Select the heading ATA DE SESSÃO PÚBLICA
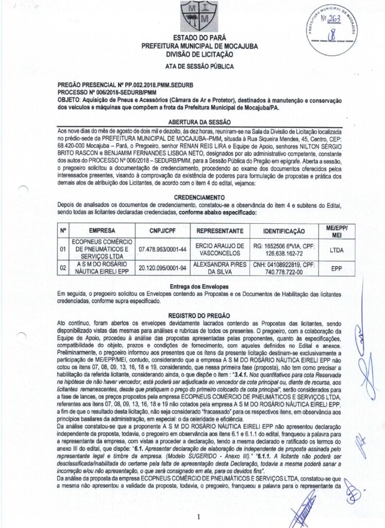tap(199, 67)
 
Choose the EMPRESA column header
tap(102, 230)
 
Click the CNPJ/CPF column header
tap(162, 230)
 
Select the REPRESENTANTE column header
tap(220, 230)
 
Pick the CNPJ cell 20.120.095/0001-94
tap(162, 268)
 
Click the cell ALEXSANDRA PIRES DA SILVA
tap(220, 268)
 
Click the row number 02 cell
tap(63, 268)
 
